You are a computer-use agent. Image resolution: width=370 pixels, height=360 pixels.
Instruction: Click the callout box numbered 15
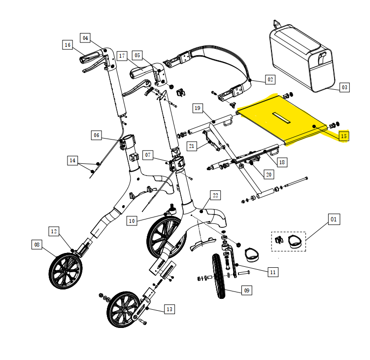(344, 136)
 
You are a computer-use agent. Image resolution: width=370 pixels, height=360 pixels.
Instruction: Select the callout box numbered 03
(344, 87)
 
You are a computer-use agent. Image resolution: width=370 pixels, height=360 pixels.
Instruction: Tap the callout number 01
(334, 219)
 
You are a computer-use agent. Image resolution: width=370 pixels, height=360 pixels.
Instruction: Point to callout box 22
(215, 195)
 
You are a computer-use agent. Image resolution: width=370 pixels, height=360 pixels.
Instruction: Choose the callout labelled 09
(247, 290)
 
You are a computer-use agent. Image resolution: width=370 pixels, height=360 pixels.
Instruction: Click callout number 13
(169, 309)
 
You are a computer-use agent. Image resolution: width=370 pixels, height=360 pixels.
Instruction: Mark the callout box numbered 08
(37, 245)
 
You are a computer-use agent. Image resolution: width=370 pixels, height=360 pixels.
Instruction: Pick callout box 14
(72, 161)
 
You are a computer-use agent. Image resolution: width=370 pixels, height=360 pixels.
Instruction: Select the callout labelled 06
(97, 135)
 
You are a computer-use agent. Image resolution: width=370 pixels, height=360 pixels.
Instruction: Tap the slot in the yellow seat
(281, 118)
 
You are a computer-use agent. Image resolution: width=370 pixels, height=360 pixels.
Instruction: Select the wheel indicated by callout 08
(66, 271)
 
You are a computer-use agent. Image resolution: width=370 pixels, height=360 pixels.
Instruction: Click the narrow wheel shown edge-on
(219, 276)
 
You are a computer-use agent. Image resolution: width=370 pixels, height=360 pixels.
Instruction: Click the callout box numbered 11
(273, 272)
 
